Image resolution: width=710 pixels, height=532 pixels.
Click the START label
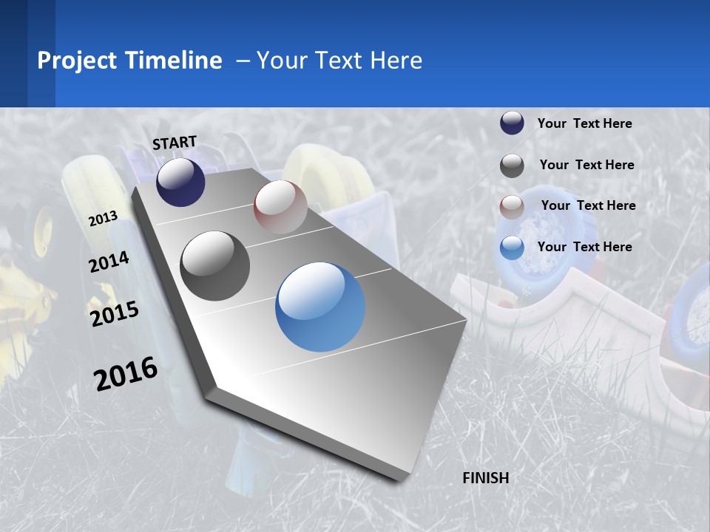pyautogui.click(x=175, y=143)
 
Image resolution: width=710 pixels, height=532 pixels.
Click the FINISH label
pyautogui.click(x=485, y=478)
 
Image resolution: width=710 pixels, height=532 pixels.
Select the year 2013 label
pyautogui.click(x=104, y=219)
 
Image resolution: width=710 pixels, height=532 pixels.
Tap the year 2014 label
pyautogui.click(x=109, y=262)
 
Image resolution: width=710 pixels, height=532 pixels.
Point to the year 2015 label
pyautogui.click(x=115, y=313)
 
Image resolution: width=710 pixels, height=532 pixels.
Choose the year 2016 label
pyautogui.click(x=126, y=373)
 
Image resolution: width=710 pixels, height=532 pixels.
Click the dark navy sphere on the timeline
pyautogui.click(x=180, y=183)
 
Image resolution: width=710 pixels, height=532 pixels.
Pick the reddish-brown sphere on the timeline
pyautogui.click(x=280, y=207)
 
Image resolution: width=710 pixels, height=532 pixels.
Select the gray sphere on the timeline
pyautogui.click(x=214, y=266)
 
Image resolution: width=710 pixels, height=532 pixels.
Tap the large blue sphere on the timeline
pyautogui.click(x=320, y=307)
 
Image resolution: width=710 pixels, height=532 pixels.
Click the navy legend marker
pyautogui.click(x=512, y=123)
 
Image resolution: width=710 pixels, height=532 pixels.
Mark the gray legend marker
pyautogui.click(x=512, y=166)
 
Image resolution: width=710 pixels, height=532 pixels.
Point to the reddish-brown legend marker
pyautogui.click(x=512, y=207)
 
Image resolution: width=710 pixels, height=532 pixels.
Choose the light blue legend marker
pyautogui.click(x=512, y=248)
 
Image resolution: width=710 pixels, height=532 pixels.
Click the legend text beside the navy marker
pyautogui.click(x=584, y=123)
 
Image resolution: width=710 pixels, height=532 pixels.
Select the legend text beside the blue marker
pyautogui.click(x=584, y=247)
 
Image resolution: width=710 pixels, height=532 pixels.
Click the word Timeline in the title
pyautogui.click(x=175, y=61)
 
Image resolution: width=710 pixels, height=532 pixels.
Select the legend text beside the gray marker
pyautogui.click(x=586, y=165)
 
